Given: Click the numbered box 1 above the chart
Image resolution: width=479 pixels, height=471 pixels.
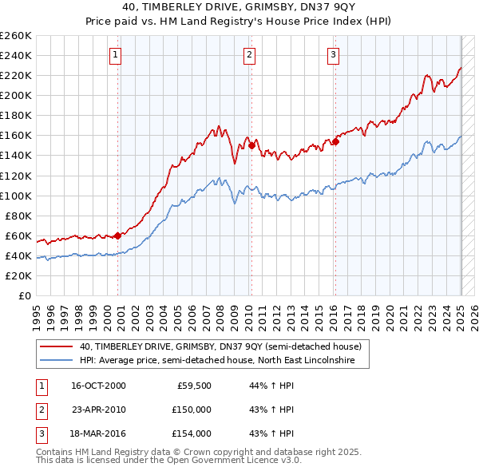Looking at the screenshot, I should [116, 55].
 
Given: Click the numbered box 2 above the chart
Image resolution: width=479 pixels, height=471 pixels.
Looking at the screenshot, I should [250, 55].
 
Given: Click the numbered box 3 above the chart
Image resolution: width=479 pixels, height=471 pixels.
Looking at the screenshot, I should [333, 55].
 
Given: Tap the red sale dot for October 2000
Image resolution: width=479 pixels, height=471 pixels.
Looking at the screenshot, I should [118, 235].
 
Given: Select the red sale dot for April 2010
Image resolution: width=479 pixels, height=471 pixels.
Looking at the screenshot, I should [251, 145].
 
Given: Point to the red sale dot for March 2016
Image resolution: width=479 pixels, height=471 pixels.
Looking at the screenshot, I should [335, 141].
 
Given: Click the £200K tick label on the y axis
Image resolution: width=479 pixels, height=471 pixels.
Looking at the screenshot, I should [16, 95].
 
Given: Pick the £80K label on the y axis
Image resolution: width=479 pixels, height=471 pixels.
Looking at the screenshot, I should [18, 216].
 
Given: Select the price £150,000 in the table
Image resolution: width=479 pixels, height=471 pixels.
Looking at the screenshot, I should [192, 410].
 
